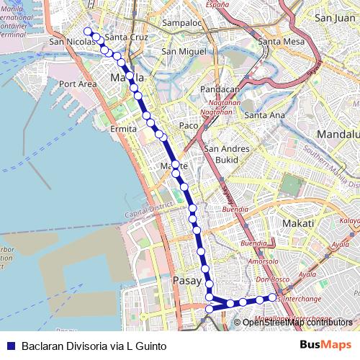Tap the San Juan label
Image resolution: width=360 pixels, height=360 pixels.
coord(335,18)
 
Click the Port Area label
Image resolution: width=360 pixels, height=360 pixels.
coord(78,84)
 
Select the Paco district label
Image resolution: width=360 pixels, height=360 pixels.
coord(189,125)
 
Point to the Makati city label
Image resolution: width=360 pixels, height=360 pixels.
coord(297,224)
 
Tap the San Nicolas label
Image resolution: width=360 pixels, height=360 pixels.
coord(73,42)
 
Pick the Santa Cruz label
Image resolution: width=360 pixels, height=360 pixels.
coord(126,37)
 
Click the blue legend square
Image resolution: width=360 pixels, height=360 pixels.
coord(11,346)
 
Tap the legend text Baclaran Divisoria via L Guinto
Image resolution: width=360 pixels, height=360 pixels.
coord(94,346)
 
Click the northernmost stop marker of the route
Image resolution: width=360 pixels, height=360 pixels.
coord(88,31)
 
